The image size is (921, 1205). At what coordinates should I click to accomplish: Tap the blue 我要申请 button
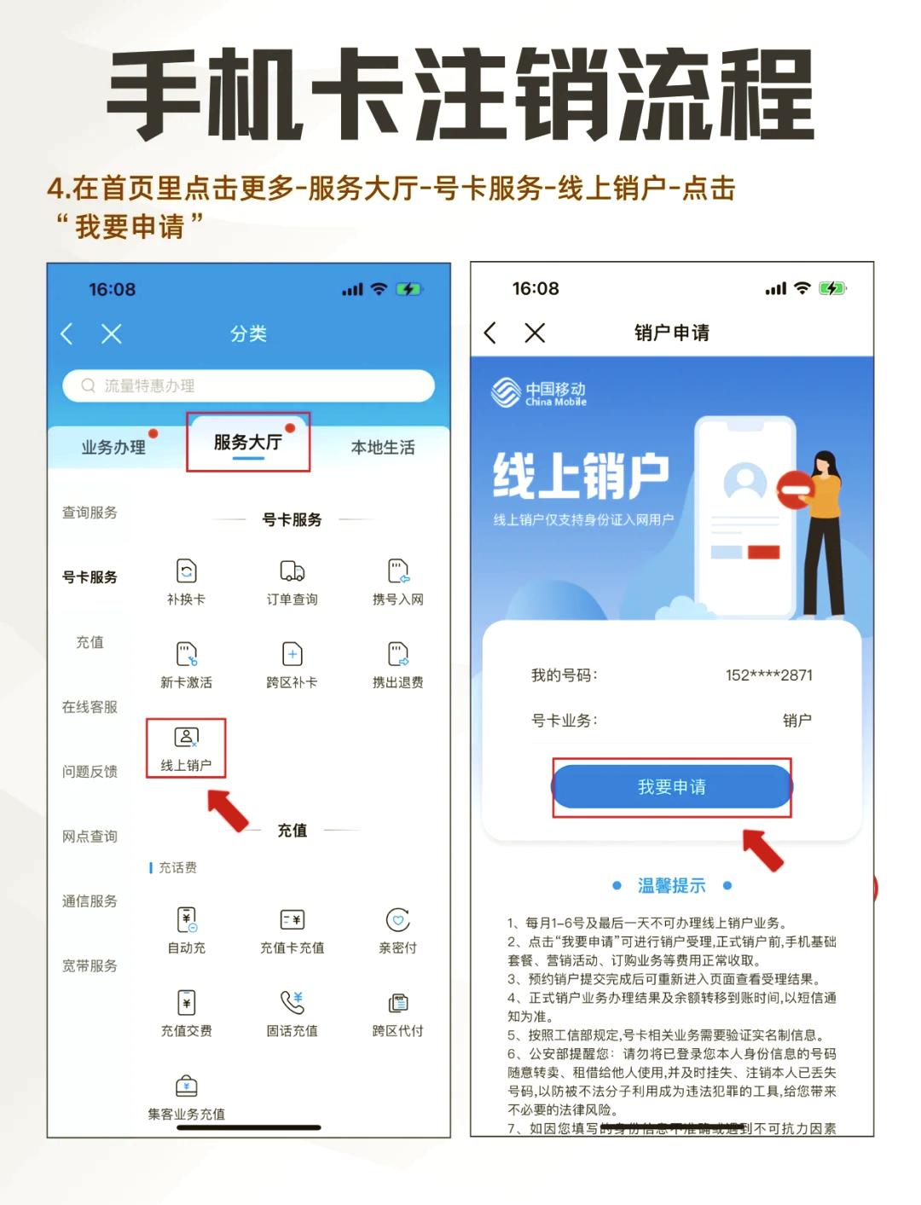672,786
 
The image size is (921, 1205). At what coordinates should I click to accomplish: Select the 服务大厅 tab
247,442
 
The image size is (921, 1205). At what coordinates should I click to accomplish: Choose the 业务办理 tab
113,447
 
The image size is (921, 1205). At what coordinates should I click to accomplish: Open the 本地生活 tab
383,447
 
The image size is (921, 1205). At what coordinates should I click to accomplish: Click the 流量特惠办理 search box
248,385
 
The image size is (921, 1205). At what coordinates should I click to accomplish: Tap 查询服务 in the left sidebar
90,513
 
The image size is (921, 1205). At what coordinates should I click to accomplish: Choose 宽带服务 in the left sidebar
90,965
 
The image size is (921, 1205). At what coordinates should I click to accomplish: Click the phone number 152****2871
768,675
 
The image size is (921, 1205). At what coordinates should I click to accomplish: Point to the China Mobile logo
539,393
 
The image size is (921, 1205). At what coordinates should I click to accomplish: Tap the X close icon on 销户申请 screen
535,333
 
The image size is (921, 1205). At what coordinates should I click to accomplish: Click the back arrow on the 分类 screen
67,333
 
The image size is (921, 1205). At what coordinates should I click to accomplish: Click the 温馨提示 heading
672,885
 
